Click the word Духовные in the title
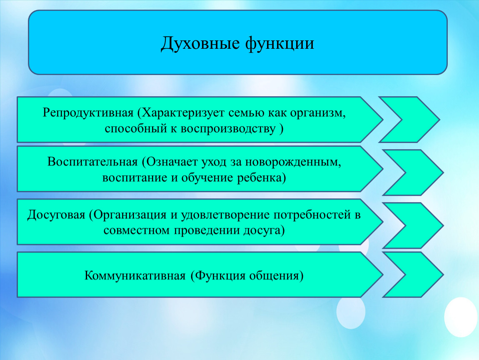coord(200,43)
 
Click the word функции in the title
coord(280,43)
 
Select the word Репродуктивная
coord(88,113)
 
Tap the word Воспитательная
coord(92,162)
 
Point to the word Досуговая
coord(56,215)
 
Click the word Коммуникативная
coord(135,276)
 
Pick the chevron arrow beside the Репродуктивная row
coord(409,120)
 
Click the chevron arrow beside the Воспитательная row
coord(413,172)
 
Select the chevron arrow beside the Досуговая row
coord(413,225)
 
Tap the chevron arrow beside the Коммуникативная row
coord(413,275)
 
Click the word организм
coord(318,113)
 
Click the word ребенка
coord(262,178)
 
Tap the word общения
coord(276,276)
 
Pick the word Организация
coord(128,215)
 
